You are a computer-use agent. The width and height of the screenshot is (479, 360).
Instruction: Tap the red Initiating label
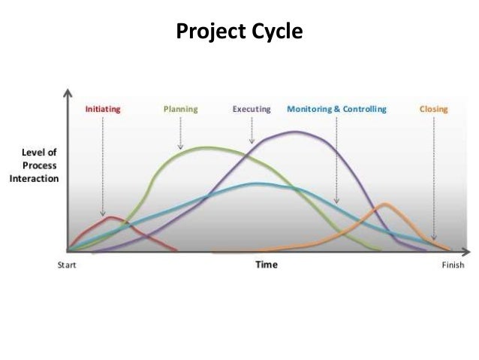(103, 109)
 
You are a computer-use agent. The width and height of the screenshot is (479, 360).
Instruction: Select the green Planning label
(180, 109)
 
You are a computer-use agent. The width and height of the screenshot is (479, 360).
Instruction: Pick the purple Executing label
(252, 109)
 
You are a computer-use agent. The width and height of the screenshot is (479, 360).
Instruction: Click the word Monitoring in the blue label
(309, 109)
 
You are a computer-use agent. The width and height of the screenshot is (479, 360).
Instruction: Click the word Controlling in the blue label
(363, 109)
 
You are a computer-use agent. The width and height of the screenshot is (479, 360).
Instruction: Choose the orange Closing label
(434, 109)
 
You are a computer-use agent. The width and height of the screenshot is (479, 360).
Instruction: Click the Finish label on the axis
(453, 265)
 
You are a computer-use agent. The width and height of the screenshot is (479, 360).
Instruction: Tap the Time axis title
(266, 265)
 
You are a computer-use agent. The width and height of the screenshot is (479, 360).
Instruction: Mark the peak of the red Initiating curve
(111, 217)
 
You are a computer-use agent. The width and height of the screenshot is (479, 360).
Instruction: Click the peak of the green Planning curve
(206, 147)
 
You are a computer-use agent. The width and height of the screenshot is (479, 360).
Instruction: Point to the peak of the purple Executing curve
(296, 132)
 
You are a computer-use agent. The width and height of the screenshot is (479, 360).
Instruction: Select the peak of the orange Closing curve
(385, 204)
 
